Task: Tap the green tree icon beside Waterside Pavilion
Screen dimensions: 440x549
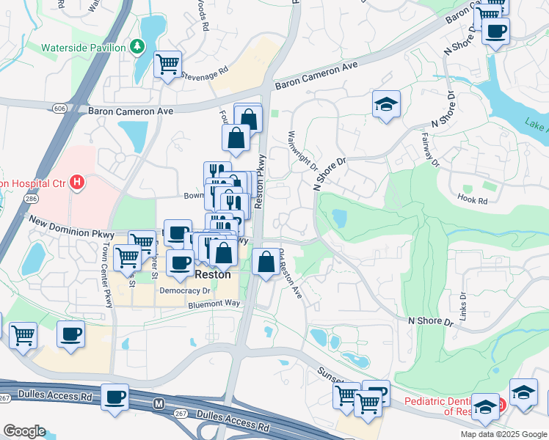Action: (x=137, y=47)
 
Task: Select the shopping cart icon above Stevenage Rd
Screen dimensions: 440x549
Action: (x=168, y=65)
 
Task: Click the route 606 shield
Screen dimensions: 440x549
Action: (x=59, y=109)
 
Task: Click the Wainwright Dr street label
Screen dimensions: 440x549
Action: (x=301, y=151)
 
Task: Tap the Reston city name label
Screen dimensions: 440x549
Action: (x=213, y=274)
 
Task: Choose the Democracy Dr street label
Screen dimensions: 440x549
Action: (x=185, y=290)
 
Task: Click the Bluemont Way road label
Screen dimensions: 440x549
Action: (x=214, y=303)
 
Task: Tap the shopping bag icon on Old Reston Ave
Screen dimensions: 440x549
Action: (x=264, y=262)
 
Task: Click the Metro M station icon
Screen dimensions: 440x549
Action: (x=158, y=404)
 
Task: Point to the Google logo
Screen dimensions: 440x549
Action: (x=23, y=431)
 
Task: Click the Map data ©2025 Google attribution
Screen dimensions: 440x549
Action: (x=503, y=434)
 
